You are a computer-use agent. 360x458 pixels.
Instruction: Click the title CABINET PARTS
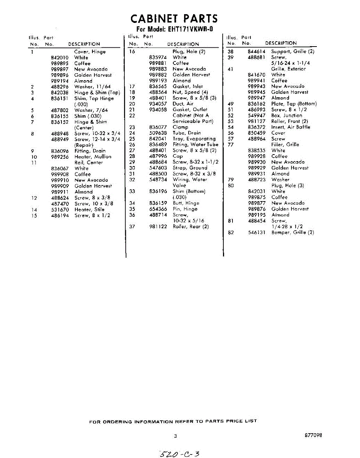coord(174,19)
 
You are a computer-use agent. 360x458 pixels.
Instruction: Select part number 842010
coord(59,58)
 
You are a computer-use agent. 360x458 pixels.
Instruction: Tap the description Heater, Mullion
coord(93,157)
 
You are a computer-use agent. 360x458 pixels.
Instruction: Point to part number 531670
coord(59,210)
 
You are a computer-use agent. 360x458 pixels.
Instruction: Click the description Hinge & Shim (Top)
coord(97,93)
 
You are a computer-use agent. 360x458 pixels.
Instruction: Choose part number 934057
coord(158,104)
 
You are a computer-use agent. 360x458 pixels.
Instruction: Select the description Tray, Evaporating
coord(194,139)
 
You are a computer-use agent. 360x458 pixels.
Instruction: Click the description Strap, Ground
coord(190,168)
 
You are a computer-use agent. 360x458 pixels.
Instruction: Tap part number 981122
coord(158,227)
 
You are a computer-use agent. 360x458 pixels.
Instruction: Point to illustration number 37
coord(132,227)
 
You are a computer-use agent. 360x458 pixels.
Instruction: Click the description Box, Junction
coord(286,116)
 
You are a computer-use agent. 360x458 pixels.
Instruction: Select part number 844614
coord(256,52)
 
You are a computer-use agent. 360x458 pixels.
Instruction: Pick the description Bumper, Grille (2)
coord(292,232)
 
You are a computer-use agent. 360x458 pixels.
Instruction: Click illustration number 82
coord(231,232)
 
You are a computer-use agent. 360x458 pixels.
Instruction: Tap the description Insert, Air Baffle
coord(291,127)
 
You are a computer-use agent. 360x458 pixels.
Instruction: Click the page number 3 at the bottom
coord(175,436)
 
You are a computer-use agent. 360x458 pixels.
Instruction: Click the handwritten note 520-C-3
coord(179,454)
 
